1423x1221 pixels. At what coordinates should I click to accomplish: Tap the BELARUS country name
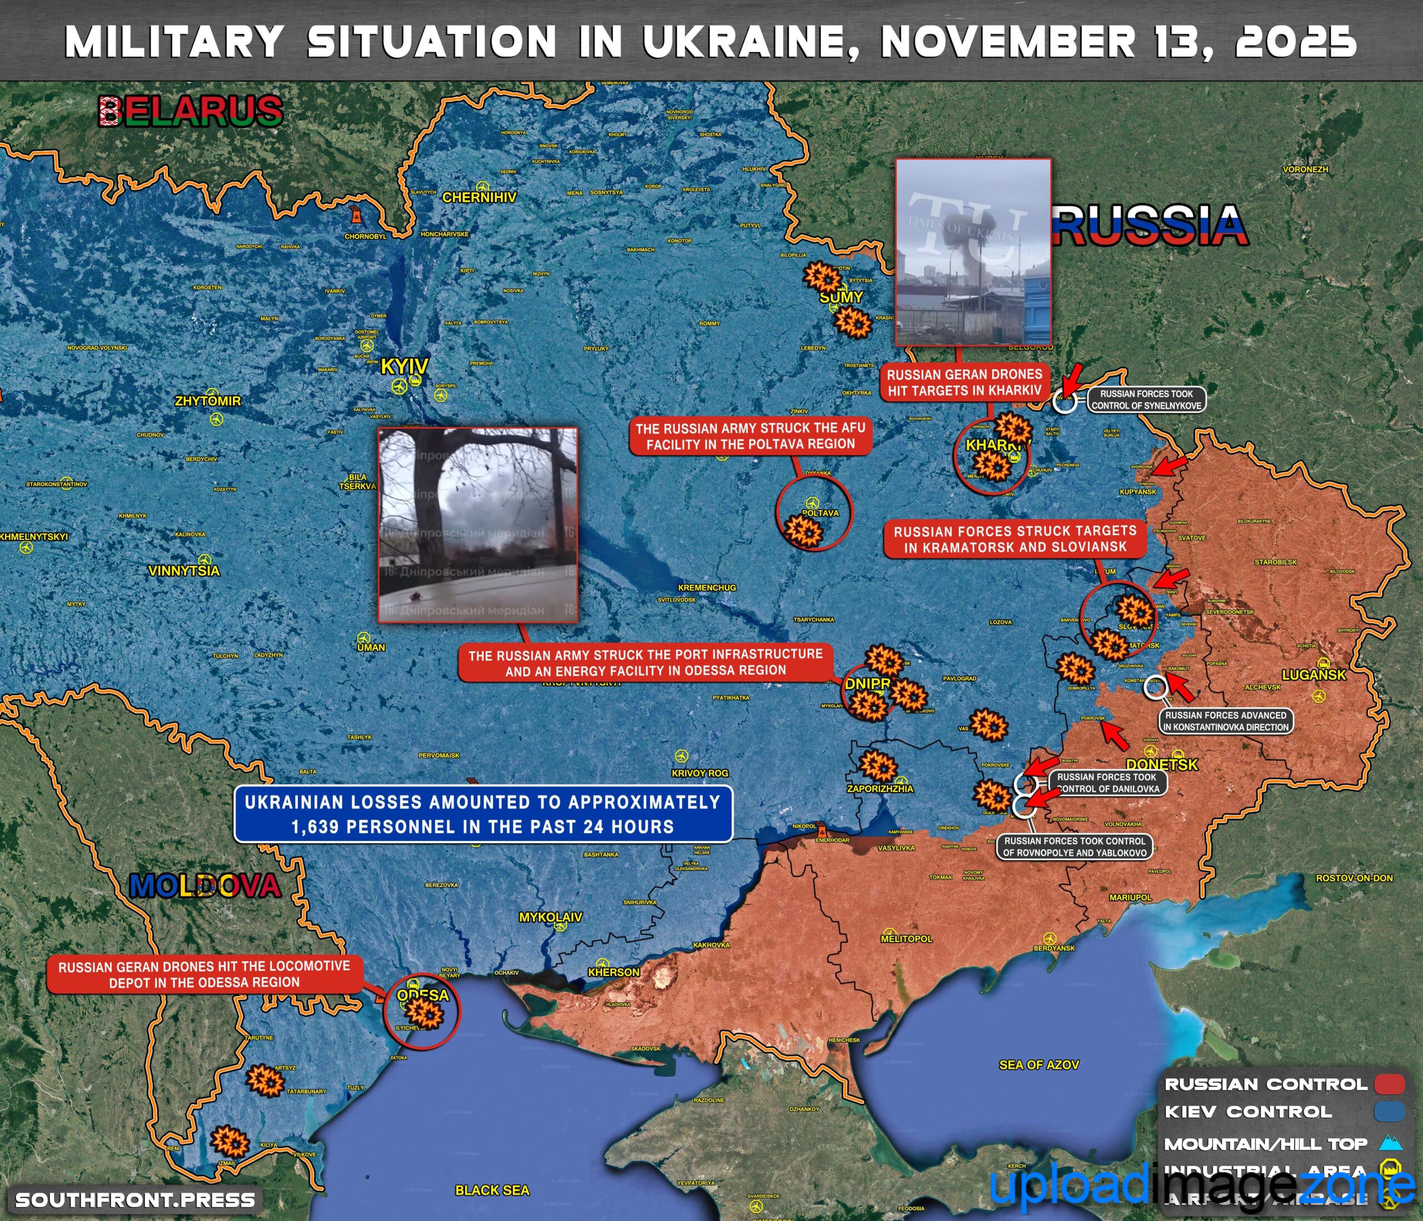pyautogui.click(x=191, y=111)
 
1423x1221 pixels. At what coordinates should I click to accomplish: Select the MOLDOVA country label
pyautogui.click(x=205, y=886)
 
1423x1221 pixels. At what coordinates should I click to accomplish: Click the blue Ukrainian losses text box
pyautogui.click(x=483, y=814)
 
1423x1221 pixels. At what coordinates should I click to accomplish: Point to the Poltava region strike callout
pyautogui.click(x=750, y=436)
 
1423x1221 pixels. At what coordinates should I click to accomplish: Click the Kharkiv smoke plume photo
pyautogui.click(x=974, y=251)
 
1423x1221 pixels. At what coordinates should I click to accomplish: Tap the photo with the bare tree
pyautogui.click(x=478, y=525)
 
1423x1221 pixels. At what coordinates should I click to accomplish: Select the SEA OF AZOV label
pyautogui.click(x=1038, y=1064)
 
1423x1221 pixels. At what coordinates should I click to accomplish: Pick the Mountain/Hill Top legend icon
pyautogui.click(x=1391, y=1143)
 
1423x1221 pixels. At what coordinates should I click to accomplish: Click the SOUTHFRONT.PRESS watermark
pyautogui.click(x=135, y=1200)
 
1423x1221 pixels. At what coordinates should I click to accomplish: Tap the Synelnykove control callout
pyautogui.click(x=1146, y=400)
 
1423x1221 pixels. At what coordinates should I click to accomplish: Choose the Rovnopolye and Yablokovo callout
pyautogui.click(x=1074, y=847)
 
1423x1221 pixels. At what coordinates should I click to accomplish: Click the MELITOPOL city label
pyautogui.click(x=907, y=938)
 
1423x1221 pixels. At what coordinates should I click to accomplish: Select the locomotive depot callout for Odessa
pyautogui.click(x=204, y=974)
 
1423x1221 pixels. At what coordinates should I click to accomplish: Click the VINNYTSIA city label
pyautogui.click(x=184, y=571)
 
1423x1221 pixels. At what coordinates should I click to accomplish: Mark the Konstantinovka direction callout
pyautogui.click(x=1226, y=721)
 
